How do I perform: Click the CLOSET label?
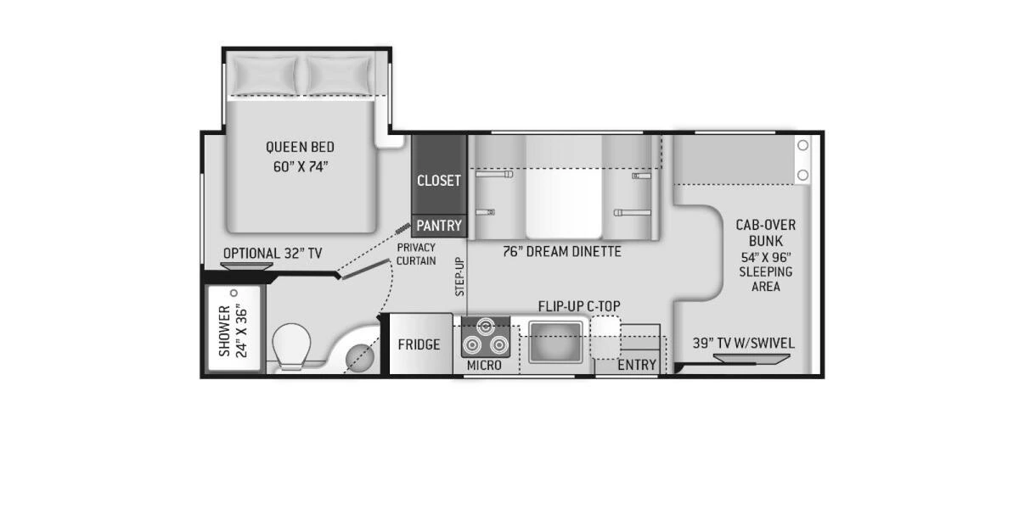(439, 181)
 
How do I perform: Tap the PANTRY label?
(439, 226)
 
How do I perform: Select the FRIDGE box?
(419, 344)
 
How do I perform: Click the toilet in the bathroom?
(291, 346)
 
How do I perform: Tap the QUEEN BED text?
(300, 148)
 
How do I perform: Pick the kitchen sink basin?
(555, 342)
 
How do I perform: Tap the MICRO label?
(484, 366)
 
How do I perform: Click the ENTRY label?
(636, 366)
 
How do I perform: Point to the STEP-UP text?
(459, 276)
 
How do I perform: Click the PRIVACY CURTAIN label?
(416, 254)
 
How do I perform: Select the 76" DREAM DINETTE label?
(560, 251)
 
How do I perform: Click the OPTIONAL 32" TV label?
(273, 253)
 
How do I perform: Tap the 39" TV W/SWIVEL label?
(744, 343)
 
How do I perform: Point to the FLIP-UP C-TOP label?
(579, 305)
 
